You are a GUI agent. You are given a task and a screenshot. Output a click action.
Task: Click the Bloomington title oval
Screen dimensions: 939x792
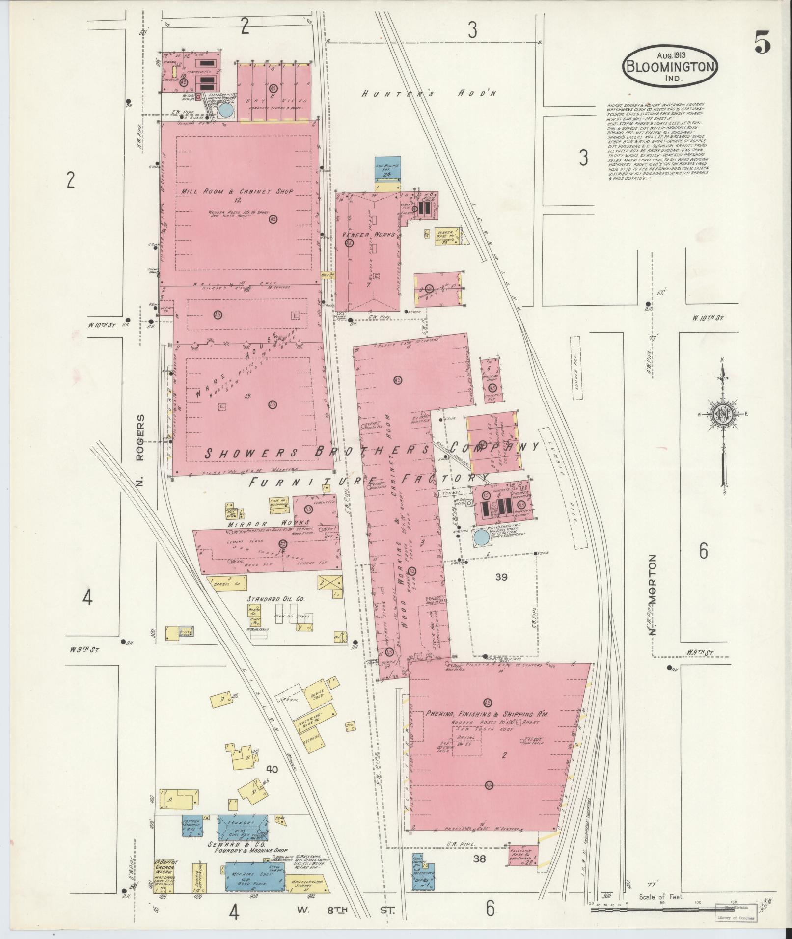point(670,67)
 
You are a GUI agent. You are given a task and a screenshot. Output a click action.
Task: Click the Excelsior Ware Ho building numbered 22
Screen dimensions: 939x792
point(523,856)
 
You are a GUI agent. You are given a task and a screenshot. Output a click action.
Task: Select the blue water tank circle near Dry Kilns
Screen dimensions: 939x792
point(226,110)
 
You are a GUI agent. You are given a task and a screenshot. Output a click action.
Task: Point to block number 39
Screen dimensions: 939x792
point(501,577)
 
